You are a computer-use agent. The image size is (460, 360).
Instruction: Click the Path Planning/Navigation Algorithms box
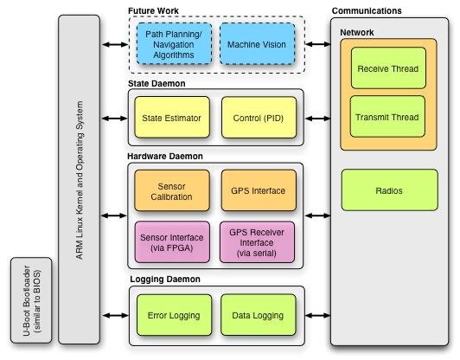click(171, 43)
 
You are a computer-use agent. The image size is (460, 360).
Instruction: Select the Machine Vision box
click(257, 43)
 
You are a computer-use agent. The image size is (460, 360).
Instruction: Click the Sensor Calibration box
click(171, 190)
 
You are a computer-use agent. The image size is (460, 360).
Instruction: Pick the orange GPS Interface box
click(257, 190)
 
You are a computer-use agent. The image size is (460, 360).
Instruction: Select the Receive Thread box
click(387, 69)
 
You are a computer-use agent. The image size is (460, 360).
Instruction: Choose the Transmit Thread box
click(387, 117)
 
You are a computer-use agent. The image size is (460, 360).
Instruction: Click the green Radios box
click(387, 190)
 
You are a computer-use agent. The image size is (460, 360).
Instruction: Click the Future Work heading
click(155, 10)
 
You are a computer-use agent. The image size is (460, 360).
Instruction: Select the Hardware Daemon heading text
click(165, 156)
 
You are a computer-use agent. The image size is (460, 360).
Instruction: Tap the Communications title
click(366, 10)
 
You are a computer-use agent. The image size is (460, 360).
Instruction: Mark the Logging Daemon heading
click(164, 280)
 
